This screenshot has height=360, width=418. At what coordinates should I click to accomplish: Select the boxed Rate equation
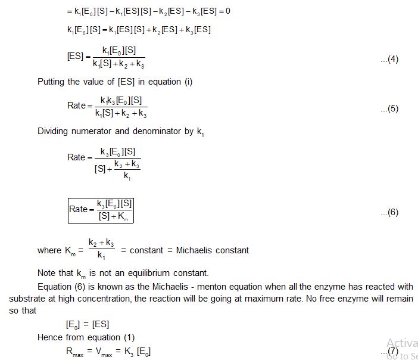click(x=100, y=209)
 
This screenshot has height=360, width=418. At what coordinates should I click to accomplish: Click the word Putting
click(x=52, y=82)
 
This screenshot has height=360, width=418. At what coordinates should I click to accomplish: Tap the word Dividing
click(x=54, y=130)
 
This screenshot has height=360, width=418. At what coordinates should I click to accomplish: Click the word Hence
click(x=50, y=337)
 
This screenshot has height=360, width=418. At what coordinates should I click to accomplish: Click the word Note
click(x=47, y=274)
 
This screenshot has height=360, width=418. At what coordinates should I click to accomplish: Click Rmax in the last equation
click(x=76, y=352)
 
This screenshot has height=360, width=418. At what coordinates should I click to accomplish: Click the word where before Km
click(x=49, y=250)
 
